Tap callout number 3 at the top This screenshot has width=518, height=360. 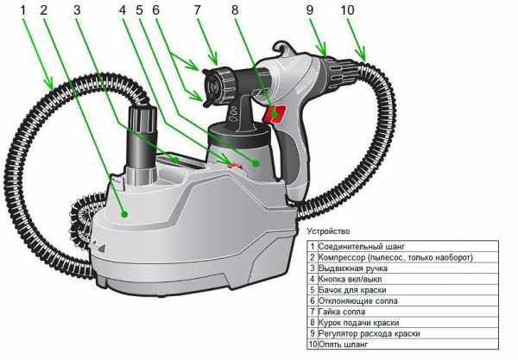(x=77, y=10)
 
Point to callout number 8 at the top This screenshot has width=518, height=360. (x=236, y=10)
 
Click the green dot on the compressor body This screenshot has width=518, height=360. (x=125, y=212)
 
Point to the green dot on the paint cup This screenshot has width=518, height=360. (x=256, y=161)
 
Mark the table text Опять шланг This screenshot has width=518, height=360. (x=344, y=344)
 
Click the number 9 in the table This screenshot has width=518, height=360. (x=313, y=332)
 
